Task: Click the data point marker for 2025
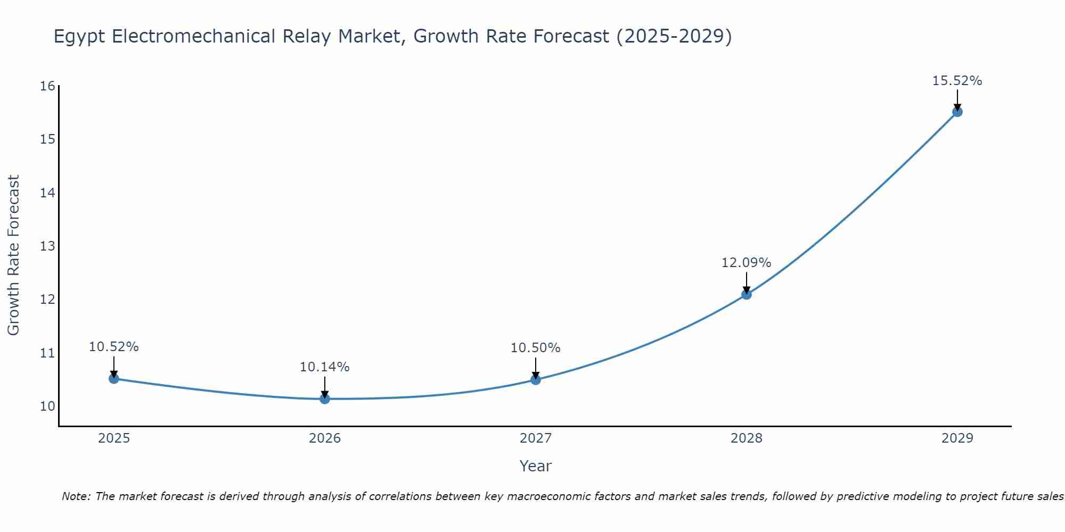[113, 378]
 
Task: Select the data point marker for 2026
[325, 398]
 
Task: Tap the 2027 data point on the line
[536, 379]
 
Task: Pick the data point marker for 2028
[747, 294]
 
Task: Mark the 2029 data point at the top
[957, 112]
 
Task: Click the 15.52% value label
[957, 81]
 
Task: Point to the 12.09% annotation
[746, 263]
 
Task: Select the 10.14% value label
[324, 367]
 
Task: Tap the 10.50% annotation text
[535, 348]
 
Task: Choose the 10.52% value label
[113, 347]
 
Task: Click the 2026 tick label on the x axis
[325, 438]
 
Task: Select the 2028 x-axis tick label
[747, 438]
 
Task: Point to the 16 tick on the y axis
[47, 86]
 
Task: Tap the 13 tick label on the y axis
[47, 246]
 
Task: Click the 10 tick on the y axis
[47, 406]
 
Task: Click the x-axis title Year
[535, 466]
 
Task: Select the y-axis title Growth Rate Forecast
[13, 255]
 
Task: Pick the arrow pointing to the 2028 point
[747, 283]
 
